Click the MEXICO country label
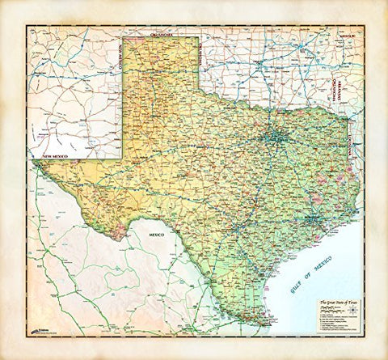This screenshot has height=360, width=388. tap(154, 233)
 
